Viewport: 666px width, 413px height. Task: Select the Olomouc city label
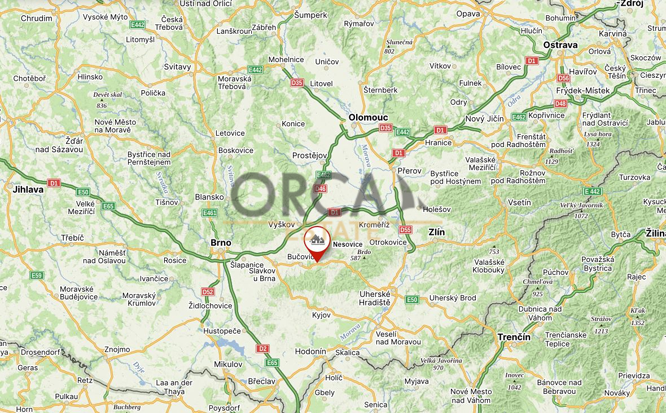pyautogui.click(x=368, y=117)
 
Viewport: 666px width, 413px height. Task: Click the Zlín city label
pyautogui.click(x=437, y=232)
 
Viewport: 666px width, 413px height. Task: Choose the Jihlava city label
pyautogui.click(x=28, y=190)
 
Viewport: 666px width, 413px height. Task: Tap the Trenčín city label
pyautogui.click(x=514, y=337)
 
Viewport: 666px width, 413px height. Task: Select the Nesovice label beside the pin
pyautogui.click(x=348, y=245)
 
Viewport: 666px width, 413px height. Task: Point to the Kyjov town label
pyautogui.click(x=321, y=314)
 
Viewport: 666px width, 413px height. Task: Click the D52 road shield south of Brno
pyautogui.click(x=208, y=292)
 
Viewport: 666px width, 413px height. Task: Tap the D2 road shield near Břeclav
pyautogui.click(x=262, y=349)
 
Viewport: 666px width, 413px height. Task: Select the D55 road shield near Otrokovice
pyautogui.click(x=405, y=230)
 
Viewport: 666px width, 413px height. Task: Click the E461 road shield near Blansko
pyautogui.click(x=210, y=213)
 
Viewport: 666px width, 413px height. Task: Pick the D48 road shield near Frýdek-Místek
pyautogui.click(x=560, y=104)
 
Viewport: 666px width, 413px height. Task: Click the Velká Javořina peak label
pyautogui.click(x=441, y=361)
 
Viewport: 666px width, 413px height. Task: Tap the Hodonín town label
pyautogui.click(x=311, y=352)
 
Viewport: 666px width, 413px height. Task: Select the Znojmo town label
pyautogui.click(x=117, y=349)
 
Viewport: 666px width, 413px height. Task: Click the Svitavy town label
pyautogui.click(x=178, y=66)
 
